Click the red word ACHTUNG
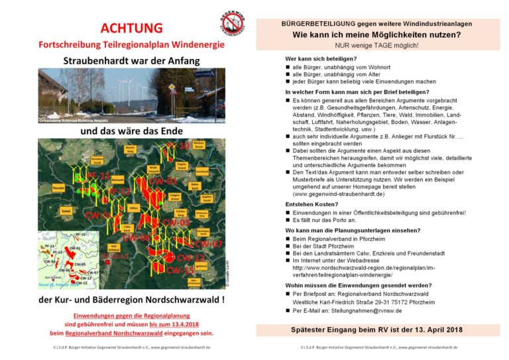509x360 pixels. click(131, 28)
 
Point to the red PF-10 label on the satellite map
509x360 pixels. click(178, 145)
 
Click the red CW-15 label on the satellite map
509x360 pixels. click(180, 270)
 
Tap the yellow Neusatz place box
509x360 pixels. click(58, 188)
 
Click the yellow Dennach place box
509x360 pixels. click(118, 179)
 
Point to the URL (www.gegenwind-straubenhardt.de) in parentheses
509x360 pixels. click(338, 194)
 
